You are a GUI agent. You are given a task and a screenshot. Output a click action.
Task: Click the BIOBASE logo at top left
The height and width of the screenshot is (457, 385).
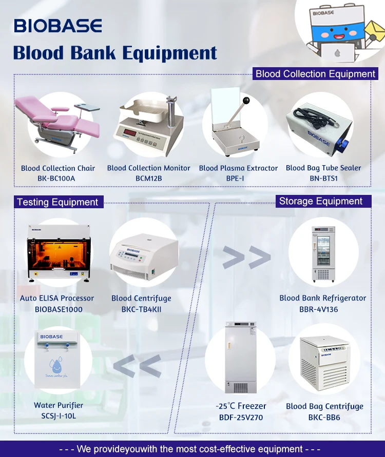[57, 26]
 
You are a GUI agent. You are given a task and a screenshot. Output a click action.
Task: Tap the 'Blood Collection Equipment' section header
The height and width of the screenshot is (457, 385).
[315, 74]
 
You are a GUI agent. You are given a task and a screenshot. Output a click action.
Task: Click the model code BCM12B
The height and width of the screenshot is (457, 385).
[148, 178]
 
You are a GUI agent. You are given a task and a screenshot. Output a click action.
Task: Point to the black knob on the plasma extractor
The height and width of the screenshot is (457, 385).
[247, 101]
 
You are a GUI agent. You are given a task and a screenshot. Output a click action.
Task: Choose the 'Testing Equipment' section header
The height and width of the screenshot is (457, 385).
[57, 202]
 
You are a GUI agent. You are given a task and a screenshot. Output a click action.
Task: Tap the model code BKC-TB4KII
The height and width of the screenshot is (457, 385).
[141, 309]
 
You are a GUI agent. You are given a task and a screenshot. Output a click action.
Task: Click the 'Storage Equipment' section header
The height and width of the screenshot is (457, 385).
[321, 201]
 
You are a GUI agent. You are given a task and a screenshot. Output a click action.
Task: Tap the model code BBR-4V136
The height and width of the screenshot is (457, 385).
[323, 309]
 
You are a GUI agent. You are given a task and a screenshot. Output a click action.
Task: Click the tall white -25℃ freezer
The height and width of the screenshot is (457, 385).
[240, 358]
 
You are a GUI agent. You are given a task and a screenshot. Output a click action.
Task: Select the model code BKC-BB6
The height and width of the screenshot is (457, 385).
[324, 418]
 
